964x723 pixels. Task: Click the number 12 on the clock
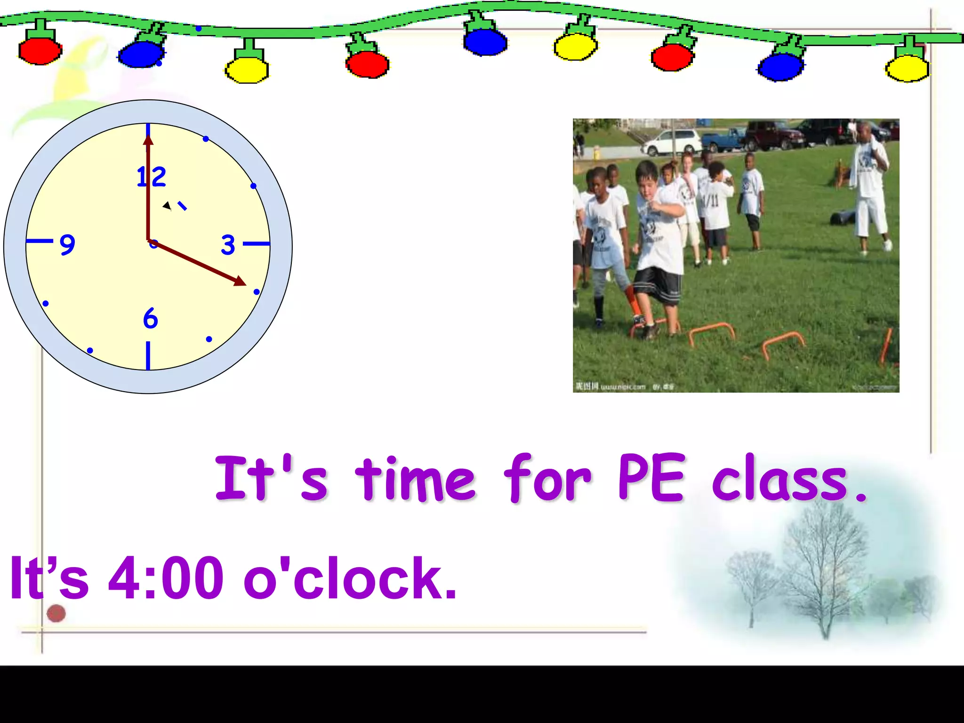coord(151,177)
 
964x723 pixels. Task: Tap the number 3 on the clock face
coord(228,245)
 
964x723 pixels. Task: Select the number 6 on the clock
coord(150,319)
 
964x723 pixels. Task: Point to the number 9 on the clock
coord(67,245)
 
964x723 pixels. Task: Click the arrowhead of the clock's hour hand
coord(239,281)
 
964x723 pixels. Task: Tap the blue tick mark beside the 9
coord(40,241)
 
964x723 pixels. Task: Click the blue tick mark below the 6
coord(148,355)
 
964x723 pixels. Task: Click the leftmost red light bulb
coord(40,51)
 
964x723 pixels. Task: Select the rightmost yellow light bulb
coord(907,69)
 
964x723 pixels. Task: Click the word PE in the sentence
coord(651,477)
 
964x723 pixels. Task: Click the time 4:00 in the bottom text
coord(166,578)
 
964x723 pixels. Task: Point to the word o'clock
coord(349,578)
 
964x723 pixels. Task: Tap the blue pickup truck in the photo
coord(723,139)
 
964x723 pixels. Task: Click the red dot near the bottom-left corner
coord(56,613)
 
